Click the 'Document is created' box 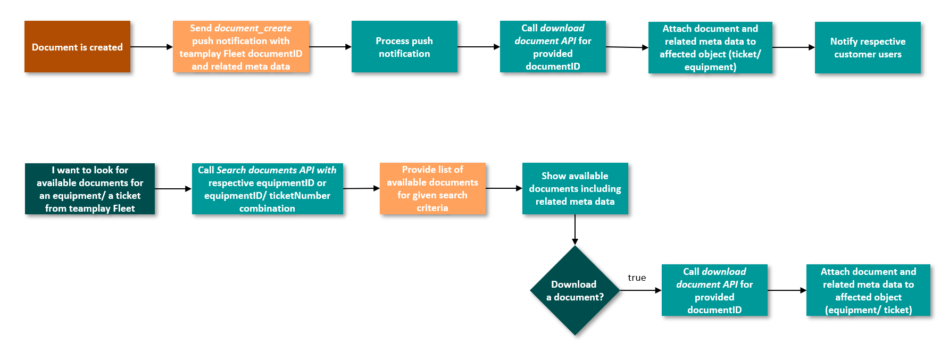coord(77,47)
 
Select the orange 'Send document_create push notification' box coord(240,47)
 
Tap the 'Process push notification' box coord(404,47)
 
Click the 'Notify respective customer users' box coord(867,47)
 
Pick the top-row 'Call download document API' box coord(552,47)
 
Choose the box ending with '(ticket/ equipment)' coord(710,47)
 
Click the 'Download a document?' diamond coord(575,290)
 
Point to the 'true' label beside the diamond coord(636,278)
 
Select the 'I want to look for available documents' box coord(89,189)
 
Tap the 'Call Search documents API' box coord(267,189)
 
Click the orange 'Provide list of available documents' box coord(432,188)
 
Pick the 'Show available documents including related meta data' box coord(575,188)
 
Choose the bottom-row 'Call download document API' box coord(714,290)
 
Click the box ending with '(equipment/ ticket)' coord(868,290)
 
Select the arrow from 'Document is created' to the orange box coord(151,47)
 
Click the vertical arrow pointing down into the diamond coord(575,229)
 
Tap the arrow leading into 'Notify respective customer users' coord(793,47)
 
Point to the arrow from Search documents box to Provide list coord(361,188)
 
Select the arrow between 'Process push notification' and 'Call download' coord(478,47)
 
